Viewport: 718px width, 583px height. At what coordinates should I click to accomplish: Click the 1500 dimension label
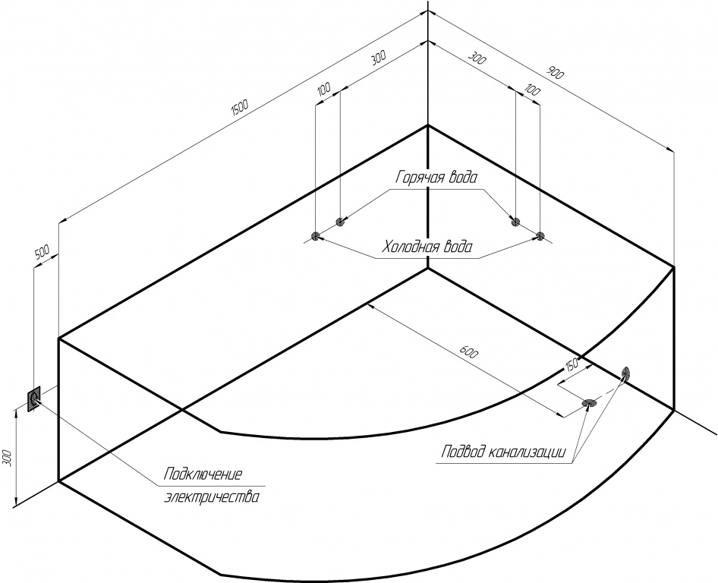point(240,107)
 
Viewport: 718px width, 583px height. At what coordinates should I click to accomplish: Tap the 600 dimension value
point(469,352)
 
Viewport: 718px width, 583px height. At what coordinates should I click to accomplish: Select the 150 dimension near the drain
point(572,364)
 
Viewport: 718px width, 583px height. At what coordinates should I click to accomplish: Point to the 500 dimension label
point(42,252)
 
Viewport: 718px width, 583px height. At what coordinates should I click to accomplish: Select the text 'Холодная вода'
point(427,247)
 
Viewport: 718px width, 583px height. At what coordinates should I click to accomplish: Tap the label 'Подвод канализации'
point(504,452)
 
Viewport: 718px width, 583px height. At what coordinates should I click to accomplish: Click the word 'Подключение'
point(203,473)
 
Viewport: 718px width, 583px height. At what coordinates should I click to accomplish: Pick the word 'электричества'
point(211,496)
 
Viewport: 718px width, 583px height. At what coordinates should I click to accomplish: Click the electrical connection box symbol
point(34,399)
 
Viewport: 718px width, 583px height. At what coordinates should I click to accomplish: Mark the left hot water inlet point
point(340,222)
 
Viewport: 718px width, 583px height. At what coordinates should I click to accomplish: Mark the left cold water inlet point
point(315,236)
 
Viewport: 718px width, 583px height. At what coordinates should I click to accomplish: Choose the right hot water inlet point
point(515,222)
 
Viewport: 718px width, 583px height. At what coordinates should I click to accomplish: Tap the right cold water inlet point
point(540,236)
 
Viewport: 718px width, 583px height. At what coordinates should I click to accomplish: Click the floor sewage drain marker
point(589,403)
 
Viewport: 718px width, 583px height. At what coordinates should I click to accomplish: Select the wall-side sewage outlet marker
point(626,373)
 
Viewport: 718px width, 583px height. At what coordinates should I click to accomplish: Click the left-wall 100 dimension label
point(324,89)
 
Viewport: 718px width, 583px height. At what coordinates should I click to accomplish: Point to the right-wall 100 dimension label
point(533,90)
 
